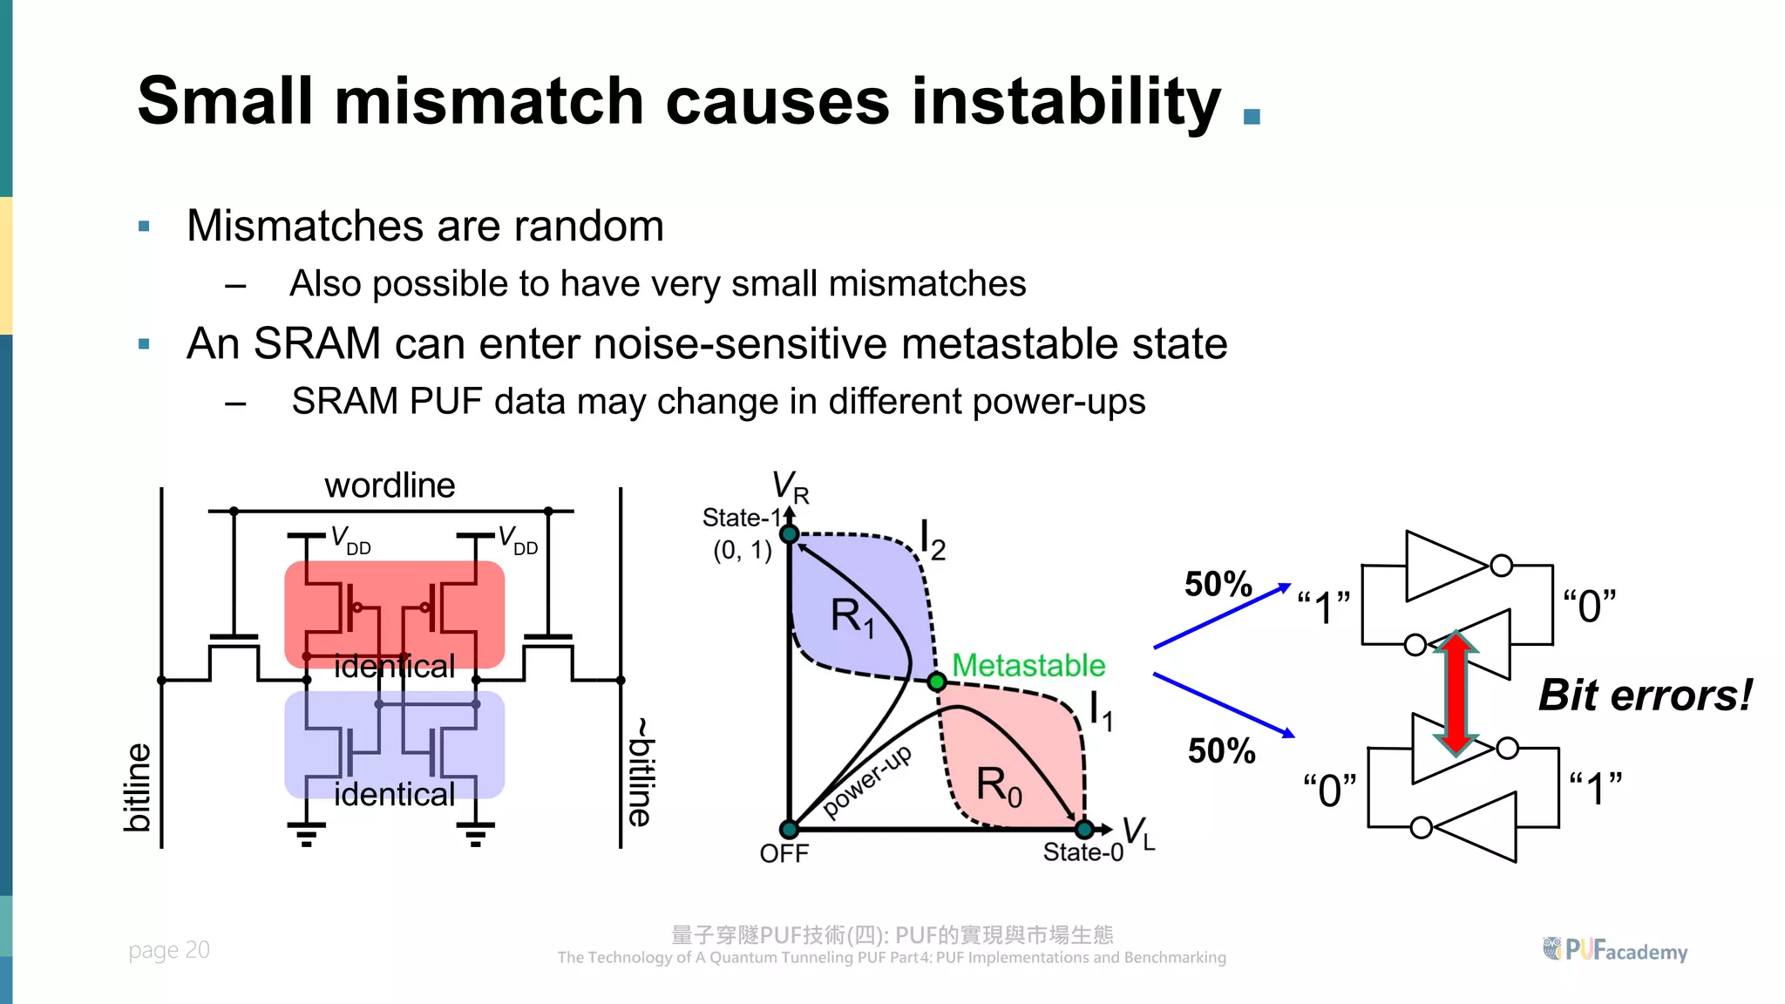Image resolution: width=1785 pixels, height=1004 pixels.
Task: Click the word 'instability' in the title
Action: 1065,102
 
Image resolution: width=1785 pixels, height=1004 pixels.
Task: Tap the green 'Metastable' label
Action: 1028,665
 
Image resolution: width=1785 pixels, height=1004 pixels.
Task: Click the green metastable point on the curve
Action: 937,682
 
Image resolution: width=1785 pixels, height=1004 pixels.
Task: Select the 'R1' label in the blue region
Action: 852,616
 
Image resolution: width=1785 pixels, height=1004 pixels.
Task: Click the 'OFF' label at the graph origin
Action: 784,853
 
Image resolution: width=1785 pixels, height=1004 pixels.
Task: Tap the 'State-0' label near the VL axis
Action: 1083,851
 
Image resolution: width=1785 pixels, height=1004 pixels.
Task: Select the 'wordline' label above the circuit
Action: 390,485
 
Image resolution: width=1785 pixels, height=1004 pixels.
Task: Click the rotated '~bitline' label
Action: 641,772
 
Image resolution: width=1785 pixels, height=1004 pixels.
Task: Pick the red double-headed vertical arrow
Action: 1456,693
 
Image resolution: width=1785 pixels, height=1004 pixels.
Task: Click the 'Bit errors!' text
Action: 1644,695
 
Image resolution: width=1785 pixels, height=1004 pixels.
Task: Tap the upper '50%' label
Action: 1218,584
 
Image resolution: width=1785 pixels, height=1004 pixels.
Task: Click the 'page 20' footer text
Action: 169,950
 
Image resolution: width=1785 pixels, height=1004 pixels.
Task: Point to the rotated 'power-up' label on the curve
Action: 867,781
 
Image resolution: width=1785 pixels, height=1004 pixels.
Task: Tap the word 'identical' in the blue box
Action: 394,794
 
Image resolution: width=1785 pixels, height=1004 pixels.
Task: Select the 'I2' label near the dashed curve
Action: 932,540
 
